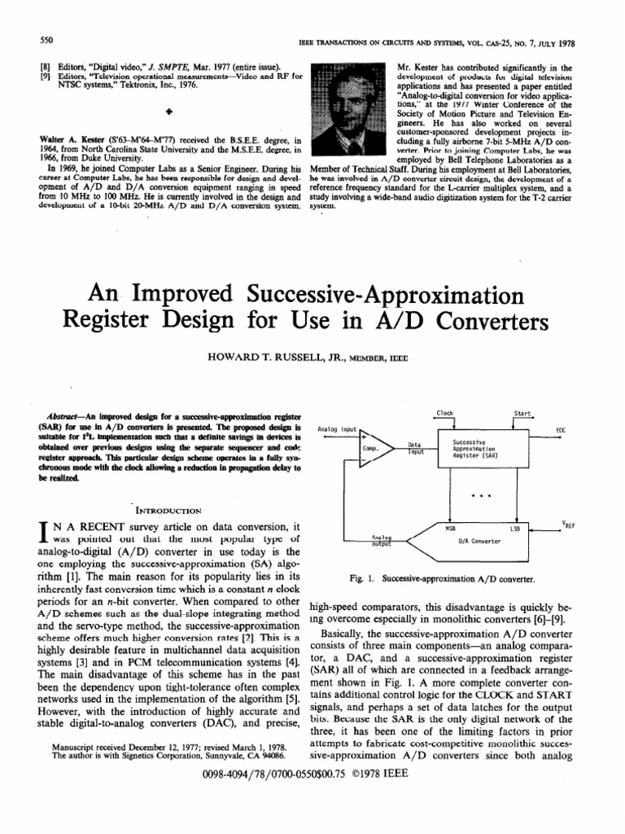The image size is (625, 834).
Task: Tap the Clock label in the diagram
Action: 444,414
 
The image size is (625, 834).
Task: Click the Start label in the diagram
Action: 522,414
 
